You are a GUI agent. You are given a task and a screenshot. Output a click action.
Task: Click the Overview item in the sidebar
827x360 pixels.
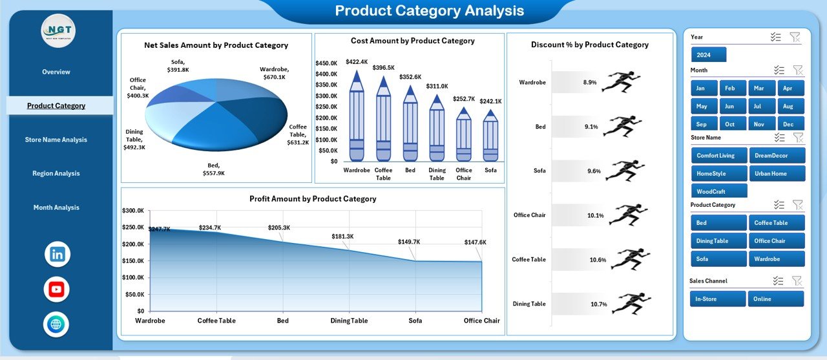click(56, 72)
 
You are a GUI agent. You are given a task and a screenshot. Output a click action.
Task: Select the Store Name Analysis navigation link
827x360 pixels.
click(56, 140)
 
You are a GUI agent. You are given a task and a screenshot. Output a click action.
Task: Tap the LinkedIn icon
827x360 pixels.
click(57, 254)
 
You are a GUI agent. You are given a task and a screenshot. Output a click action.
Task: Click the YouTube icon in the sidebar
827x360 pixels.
click(57, 289)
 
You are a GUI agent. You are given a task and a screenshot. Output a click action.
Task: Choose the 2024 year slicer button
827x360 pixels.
click(709, 54)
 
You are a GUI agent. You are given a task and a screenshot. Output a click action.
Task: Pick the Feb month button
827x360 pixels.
click(730, 88)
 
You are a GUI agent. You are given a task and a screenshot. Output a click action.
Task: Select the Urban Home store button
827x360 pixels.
click(777, 173)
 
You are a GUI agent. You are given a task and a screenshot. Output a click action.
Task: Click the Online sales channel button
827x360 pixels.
click(776, 299)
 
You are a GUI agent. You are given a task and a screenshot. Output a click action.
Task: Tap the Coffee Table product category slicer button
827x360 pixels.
click(777, 223)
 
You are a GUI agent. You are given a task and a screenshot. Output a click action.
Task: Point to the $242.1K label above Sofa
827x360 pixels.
click(491, 101)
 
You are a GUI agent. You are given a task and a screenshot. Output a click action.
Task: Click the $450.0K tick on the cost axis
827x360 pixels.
click(326, 63)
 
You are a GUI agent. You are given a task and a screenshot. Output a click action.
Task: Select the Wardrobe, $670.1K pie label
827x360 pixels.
click(275, 73)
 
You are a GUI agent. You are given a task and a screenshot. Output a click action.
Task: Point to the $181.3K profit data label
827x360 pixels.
click(343, 237)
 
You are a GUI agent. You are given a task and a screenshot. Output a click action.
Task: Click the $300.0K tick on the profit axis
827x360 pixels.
click(134, 211)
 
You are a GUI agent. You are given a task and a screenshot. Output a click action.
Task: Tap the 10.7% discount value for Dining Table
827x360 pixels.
click(598, 304)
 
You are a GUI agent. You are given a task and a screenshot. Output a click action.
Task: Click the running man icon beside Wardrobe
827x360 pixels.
click(621, 82)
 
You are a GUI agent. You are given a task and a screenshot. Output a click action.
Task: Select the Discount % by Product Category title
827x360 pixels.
click(589, 45)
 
